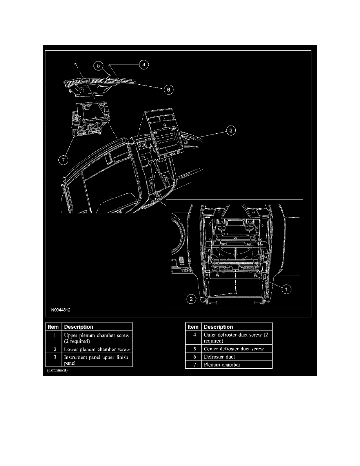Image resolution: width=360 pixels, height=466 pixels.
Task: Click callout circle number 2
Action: click(191, 299)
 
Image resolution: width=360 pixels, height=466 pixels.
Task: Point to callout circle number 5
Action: click(99, 66)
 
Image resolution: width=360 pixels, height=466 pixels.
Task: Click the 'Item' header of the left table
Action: click(53, 327)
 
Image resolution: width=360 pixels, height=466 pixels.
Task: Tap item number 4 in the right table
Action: click(193, 335)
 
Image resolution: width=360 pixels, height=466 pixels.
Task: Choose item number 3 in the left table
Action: click(53, 357)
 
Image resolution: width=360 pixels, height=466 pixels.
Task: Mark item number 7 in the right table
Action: click(193, 365)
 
